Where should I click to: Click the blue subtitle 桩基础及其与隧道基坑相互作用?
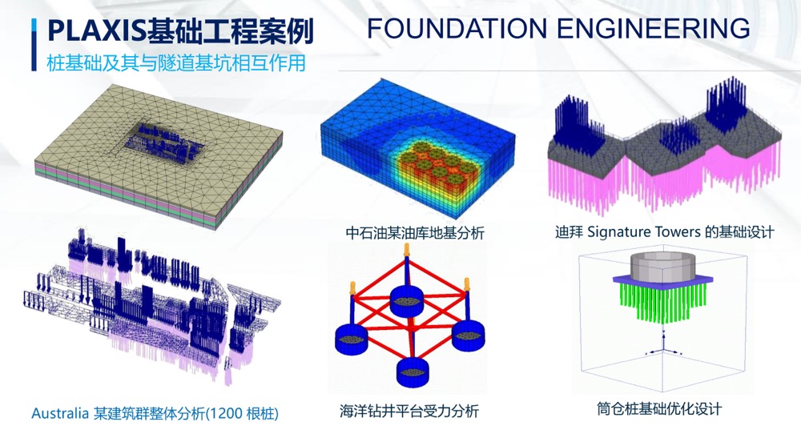click(x=176, y=62)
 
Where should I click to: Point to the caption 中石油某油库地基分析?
click(x=415, y=233)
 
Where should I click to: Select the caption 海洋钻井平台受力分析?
click(x=409, y=411)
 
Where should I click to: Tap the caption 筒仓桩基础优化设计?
click(x=659, y=408)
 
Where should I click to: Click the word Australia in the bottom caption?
click(x=60, y=413)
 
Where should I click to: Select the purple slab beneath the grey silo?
click(x=662, y=279)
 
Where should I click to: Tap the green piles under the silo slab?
click(x=662, y=301)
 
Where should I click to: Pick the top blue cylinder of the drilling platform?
click(x=407, y=300)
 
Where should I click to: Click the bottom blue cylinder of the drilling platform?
click(x=413, y=372)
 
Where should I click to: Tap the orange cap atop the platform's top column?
click(x=407, y=250)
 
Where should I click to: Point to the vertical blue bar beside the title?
click(x=34, y=45)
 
